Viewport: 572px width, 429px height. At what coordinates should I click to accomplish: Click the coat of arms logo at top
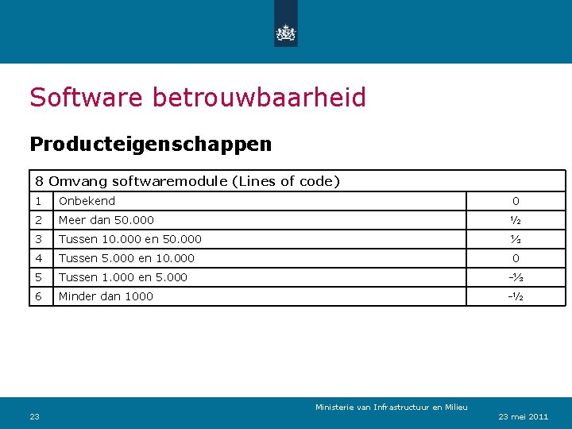(285, 33)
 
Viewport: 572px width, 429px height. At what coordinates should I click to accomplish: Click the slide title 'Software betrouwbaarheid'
(198, 98)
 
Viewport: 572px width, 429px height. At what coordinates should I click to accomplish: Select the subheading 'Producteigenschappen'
(150, 145)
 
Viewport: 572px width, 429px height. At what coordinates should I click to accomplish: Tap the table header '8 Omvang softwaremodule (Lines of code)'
(187, 181)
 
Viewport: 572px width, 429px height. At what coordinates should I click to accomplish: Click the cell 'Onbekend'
(87, 201)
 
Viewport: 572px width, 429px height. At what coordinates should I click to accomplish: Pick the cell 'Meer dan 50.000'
(106, 220)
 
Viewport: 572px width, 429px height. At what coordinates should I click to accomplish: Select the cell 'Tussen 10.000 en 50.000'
(130, 239)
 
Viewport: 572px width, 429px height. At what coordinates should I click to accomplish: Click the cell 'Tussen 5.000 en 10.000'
(126, 258)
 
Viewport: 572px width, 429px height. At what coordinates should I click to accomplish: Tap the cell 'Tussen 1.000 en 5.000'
(123, 277)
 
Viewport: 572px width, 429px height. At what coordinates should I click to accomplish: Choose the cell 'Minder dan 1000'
(106, 296)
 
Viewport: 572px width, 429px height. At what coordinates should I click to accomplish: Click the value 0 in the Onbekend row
(516, 201)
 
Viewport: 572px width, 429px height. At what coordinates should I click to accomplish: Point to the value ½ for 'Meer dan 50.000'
(516, 220)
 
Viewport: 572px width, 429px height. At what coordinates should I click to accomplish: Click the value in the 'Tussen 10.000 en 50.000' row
(516, 239)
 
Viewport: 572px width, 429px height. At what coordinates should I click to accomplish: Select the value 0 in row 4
(516, 258)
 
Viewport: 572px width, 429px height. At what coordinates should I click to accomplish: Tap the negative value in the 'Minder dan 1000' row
(516, 296)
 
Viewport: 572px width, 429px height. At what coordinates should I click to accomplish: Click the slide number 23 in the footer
(35, 416)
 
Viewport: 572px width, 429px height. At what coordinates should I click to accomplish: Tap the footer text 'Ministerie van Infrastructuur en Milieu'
(391, 408)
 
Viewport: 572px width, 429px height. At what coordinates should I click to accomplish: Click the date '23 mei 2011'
(523, 416)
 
